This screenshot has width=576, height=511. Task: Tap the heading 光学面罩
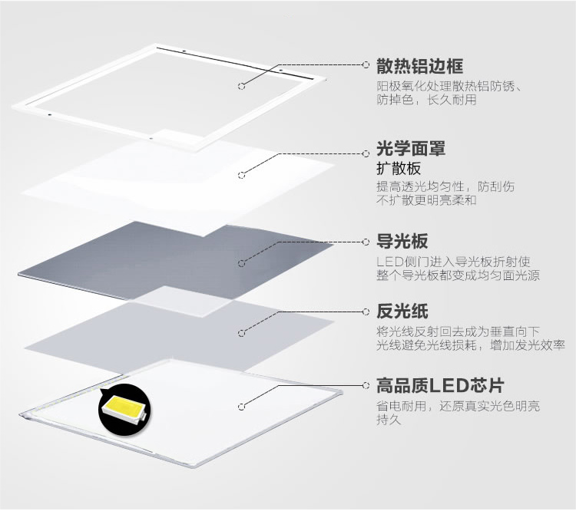point(411,147)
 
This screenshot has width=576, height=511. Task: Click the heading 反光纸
point(402,312)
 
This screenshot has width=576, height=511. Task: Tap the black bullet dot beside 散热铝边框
point(364,65)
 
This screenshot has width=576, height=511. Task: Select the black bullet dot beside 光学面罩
point(364,153)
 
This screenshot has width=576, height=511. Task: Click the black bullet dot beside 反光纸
point(364,312)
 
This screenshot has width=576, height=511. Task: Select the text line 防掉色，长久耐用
point(426,100)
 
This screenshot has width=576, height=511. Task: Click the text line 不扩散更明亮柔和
point(426,201)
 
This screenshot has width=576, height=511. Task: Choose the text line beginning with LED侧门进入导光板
point(458,262)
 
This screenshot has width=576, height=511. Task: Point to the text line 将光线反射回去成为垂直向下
point(458,331)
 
